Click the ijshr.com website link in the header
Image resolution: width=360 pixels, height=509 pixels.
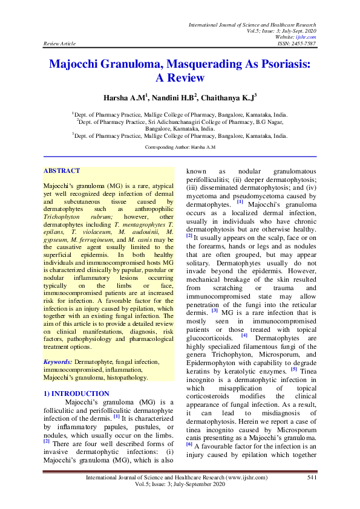coord(307,37)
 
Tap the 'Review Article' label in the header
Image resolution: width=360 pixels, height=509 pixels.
coord(60,44)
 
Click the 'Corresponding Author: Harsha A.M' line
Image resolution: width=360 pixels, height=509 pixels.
coord(181,147)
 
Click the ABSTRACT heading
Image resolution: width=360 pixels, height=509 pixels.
coord(62,171)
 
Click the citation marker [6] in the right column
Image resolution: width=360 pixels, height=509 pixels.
coord(188,443)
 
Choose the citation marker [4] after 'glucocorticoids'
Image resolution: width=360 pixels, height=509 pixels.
coord(244,335)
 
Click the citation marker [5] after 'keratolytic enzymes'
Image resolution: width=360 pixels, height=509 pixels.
coord(293,369)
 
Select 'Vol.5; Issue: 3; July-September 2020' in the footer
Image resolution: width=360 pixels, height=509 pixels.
coord(180,485)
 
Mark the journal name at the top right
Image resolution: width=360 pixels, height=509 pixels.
coord(252,25)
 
